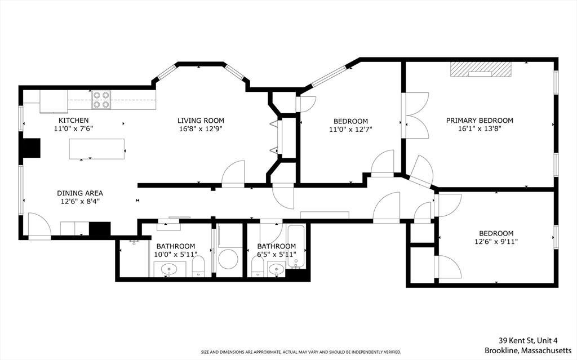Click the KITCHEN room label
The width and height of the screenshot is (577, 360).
(x=73, y=121)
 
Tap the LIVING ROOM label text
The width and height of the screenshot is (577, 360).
(x=201, y=121)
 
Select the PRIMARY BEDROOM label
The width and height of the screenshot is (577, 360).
(x=480, y=121)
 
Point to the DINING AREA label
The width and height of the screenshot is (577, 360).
(x=79, y=193)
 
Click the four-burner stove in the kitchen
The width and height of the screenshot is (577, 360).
(x=101, y=100)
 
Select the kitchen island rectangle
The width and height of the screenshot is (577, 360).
(x=97, y=149)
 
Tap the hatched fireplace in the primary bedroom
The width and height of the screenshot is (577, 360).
(x=480, y=68)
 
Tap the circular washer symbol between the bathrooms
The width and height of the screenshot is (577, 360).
(x=229, y=260)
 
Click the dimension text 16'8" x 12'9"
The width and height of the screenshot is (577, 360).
(x=201, y=129)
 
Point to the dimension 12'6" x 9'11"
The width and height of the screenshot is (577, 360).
(x=496, y=242)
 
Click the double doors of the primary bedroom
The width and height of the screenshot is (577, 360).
(x=416, y=122)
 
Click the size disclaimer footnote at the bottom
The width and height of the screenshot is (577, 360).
(x=301, y=352)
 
